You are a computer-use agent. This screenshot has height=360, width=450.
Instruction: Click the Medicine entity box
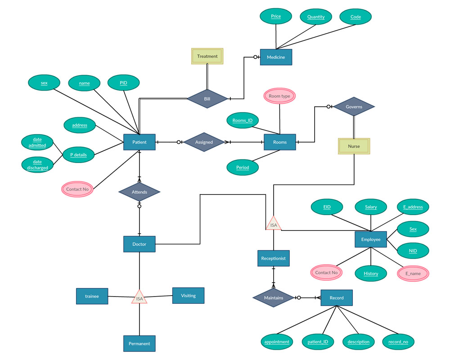point(276,57)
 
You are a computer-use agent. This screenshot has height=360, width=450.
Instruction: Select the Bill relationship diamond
point(207,99)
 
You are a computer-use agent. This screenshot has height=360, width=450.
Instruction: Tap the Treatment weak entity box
point(207,56)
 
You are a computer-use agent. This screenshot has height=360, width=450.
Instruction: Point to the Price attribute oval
point(276,17)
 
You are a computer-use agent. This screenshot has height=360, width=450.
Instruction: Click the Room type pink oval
point(279,96)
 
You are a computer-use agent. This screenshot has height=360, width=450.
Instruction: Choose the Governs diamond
point(354,107)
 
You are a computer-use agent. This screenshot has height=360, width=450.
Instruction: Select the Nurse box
point(354,146)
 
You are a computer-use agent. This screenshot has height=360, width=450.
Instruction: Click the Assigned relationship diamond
point(204,142)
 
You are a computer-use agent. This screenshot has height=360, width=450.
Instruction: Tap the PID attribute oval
point(123,83)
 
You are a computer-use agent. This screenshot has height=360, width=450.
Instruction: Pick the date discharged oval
point(37,165)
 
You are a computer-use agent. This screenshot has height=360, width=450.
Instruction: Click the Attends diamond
point(139,192)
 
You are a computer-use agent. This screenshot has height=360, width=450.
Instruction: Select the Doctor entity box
point(139,244)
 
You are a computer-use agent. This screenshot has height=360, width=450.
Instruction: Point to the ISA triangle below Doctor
point(139,297)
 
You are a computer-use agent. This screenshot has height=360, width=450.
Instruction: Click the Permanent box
point(139,343)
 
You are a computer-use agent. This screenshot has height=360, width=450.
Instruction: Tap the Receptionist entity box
point(274,258)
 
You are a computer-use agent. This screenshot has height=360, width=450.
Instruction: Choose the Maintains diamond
point(274,298)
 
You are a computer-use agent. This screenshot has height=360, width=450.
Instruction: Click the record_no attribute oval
point(398,342)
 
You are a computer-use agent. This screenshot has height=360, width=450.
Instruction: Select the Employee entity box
point(371,239)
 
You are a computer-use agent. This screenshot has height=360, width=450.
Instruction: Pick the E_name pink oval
point(413,273)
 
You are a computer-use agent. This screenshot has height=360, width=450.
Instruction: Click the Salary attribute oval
point(371,207)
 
